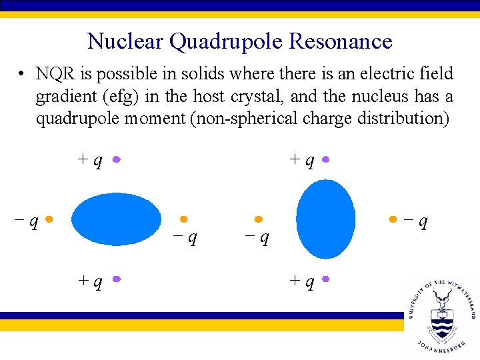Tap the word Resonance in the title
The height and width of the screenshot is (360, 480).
(x=341, y=41)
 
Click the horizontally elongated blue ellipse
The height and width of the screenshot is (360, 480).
(x=117, y=219)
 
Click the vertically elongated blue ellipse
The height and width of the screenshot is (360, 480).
(x=325, y=220)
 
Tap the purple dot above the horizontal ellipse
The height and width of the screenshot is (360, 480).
(x=116, y=160)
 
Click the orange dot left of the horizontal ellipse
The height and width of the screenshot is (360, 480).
(x=49, y=219)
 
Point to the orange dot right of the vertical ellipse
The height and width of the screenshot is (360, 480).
(x=393, y=219)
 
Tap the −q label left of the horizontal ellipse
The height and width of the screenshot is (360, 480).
(x=27, y=219)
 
